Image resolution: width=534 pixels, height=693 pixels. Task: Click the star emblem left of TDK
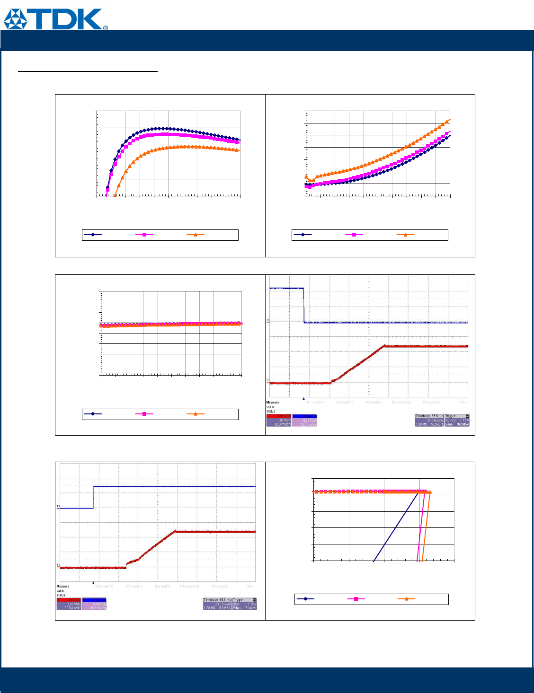point(16,19)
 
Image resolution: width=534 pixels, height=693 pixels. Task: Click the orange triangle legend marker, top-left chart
point(196,235)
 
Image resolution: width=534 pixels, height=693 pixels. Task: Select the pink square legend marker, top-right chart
point(354,235)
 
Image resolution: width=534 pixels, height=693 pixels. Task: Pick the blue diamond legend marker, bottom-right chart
point(305,599)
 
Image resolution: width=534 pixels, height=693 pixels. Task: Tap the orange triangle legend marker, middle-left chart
point(196,414)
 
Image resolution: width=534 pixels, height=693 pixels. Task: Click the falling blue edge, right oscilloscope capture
point(303,305)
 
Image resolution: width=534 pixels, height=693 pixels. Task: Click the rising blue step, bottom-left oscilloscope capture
point(93,497)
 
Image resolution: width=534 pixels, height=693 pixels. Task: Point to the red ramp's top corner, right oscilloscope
point(385,346)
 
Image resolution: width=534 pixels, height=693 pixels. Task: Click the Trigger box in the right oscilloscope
point(457,420)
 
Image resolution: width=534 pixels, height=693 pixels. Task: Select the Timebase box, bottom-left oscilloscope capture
point(217,604)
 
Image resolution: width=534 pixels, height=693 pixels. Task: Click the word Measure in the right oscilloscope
point(273,403)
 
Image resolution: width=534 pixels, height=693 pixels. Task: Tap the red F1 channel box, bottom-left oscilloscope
point(69,604)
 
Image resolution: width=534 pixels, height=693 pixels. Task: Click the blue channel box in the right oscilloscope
point(304,420)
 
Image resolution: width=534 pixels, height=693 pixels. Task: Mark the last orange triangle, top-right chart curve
point(449,120)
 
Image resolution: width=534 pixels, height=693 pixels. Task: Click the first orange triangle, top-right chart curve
point(306,177)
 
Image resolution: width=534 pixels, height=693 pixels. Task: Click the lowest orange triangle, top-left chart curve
point(115,195)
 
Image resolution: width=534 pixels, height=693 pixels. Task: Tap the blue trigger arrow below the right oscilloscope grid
point(303,399)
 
